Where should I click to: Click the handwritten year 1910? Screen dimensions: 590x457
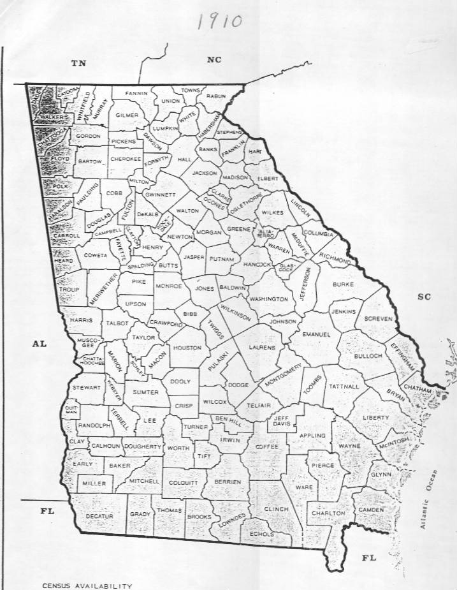(x=219, y=21)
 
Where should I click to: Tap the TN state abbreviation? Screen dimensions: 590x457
(x=78, y=63)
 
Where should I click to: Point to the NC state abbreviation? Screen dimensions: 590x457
(x=214, y=59)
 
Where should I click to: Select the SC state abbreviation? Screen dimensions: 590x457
(x=425, y=297)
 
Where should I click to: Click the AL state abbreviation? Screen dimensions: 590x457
(x=39, y=344)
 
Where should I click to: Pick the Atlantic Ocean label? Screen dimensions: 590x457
(x=429, y=499)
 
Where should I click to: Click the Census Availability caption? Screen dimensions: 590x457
(x=87, y=585)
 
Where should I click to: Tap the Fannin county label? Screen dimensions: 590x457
(x=136, y=94)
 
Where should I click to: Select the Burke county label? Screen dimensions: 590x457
(x=342, y=284)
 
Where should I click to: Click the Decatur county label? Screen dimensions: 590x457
(x=99, y=515)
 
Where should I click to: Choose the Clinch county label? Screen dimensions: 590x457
(x=277, y=509)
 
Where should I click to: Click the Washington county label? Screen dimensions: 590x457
(x=268, y=299)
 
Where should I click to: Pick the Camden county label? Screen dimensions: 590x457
(x=371, y=510)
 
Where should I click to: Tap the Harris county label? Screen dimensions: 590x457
(x=81, y=320)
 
